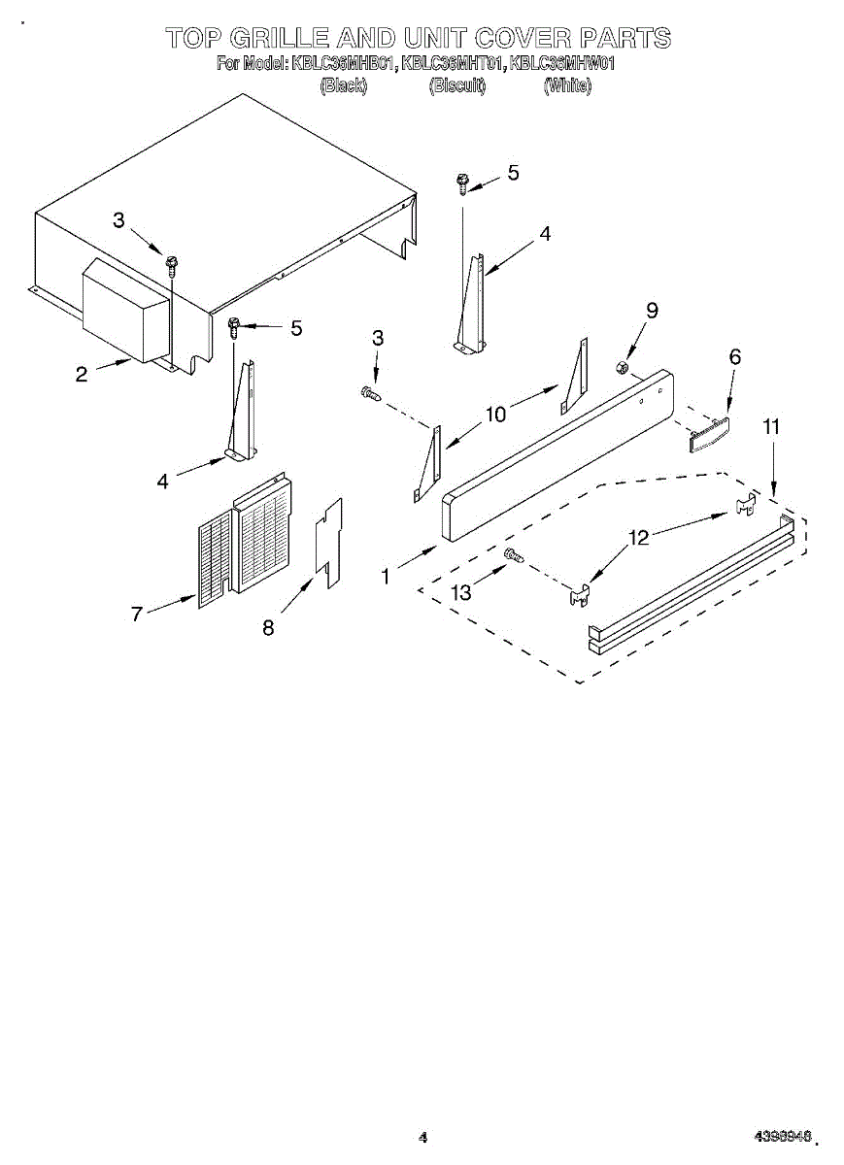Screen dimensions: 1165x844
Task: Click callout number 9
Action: pyautogui.click(x=652, y=311)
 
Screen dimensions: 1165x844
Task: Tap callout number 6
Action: pyautogui.click(x=734, y=357)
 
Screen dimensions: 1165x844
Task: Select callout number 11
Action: pyautogui.click(x=771, y=426)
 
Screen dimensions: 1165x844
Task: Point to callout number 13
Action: pyautogui.click(x=461, y=591)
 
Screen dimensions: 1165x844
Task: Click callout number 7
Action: pyautogui.click(x=137, y=614)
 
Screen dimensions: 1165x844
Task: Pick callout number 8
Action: pyautogui.click(x=268, y=628)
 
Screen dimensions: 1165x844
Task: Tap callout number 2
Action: pyautogui.click(x=82, y=374)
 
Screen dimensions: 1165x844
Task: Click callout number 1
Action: pyautogui.click(x=386, y=577)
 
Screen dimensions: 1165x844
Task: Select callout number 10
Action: pyautogui.click(x=495, y=415)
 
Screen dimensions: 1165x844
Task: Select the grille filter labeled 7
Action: pyautogui.click(x=243, y=539)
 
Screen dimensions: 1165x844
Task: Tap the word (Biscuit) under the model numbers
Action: pyautogui.click(x=456, y=85)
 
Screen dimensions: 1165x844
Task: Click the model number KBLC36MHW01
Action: pyautogui.click(x=563, y=64)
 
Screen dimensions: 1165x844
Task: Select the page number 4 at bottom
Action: pyautogui.click(x=422, y=1137)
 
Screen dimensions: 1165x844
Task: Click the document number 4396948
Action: pyautogui.click(x=782, y=1137)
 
